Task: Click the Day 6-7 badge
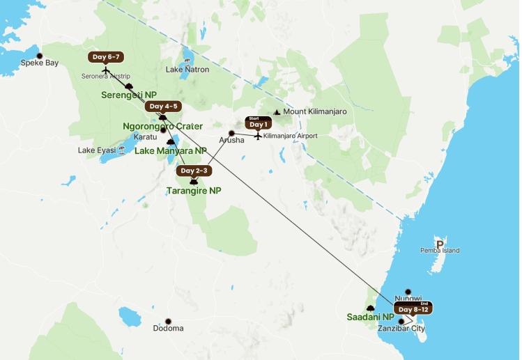[107, 56]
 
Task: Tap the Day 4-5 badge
[162, 106]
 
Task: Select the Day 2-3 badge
[193, 170]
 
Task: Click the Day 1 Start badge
[258, 123]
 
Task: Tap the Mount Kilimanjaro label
[314, 111]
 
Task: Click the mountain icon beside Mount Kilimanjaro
[277, 111]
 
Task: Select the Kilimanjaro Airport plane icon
[258, 136]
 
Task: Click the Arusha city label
[232, 140]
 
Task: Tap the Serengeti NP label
[130, 95]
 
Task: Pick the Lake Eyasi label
[95, 150]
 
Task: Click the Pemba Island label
[439, 251]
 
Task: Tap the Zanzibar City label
[401, 329]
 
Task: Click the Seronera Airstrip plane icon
[105, 70]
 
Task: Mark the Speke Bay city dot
[40, 56]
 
